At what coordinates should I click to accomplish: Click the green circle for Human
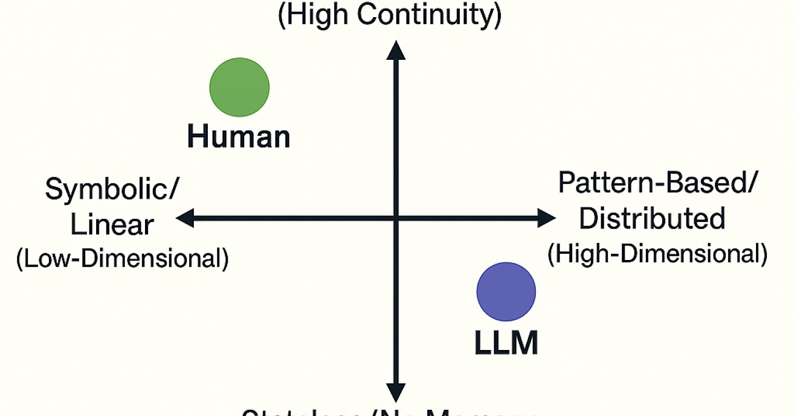240,87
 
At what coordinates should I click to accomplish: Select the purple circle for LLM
506,292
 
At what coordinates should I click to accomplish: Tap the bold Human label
239,137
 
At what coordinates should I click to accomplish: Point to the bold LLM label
506,343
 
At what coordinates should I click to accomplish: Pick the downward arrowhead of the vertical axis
396,392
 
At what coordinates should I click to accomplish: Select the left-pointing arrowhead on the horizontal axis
185,218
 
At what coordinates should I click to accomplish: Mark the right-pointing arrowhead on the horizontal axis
546,218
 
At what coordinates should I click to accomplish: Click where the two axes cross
396,218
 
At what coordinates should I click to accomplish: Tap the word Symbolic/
111,189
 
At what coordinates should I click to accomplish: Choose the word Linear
112,225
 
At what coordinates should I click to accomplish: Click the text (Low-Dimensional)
123,258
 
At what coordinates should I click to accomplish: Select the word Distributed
652,218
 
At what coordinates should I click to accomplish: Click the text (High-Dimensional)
657,254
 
